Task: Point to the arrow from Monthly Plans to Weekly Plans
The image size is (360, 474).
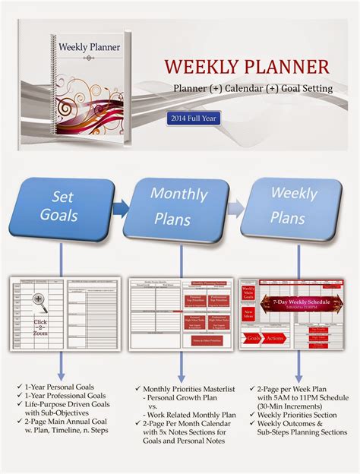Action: coord(236,206)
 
